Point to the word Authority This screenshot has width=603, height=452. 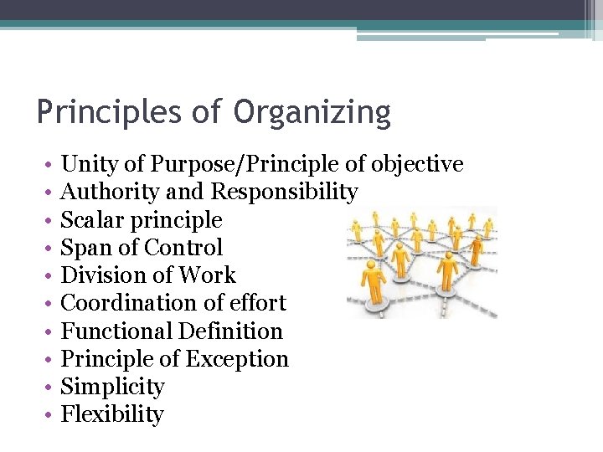pyautogui.click(x=111, y=193)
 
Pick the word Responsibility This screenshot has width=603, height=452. pyautogui.click(x=284, y=193)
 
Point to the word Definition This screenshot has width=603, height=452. pyautogui.click(x=234, y=331)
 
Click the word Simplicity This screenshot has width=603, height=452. pyautogui.click(x=113, y=388)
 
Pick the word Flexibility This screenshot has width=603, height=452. pyautogui.click(x=113, y=415)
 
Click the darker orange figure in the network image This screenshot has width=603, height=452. pyautogui.click(x=477, y=249)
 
